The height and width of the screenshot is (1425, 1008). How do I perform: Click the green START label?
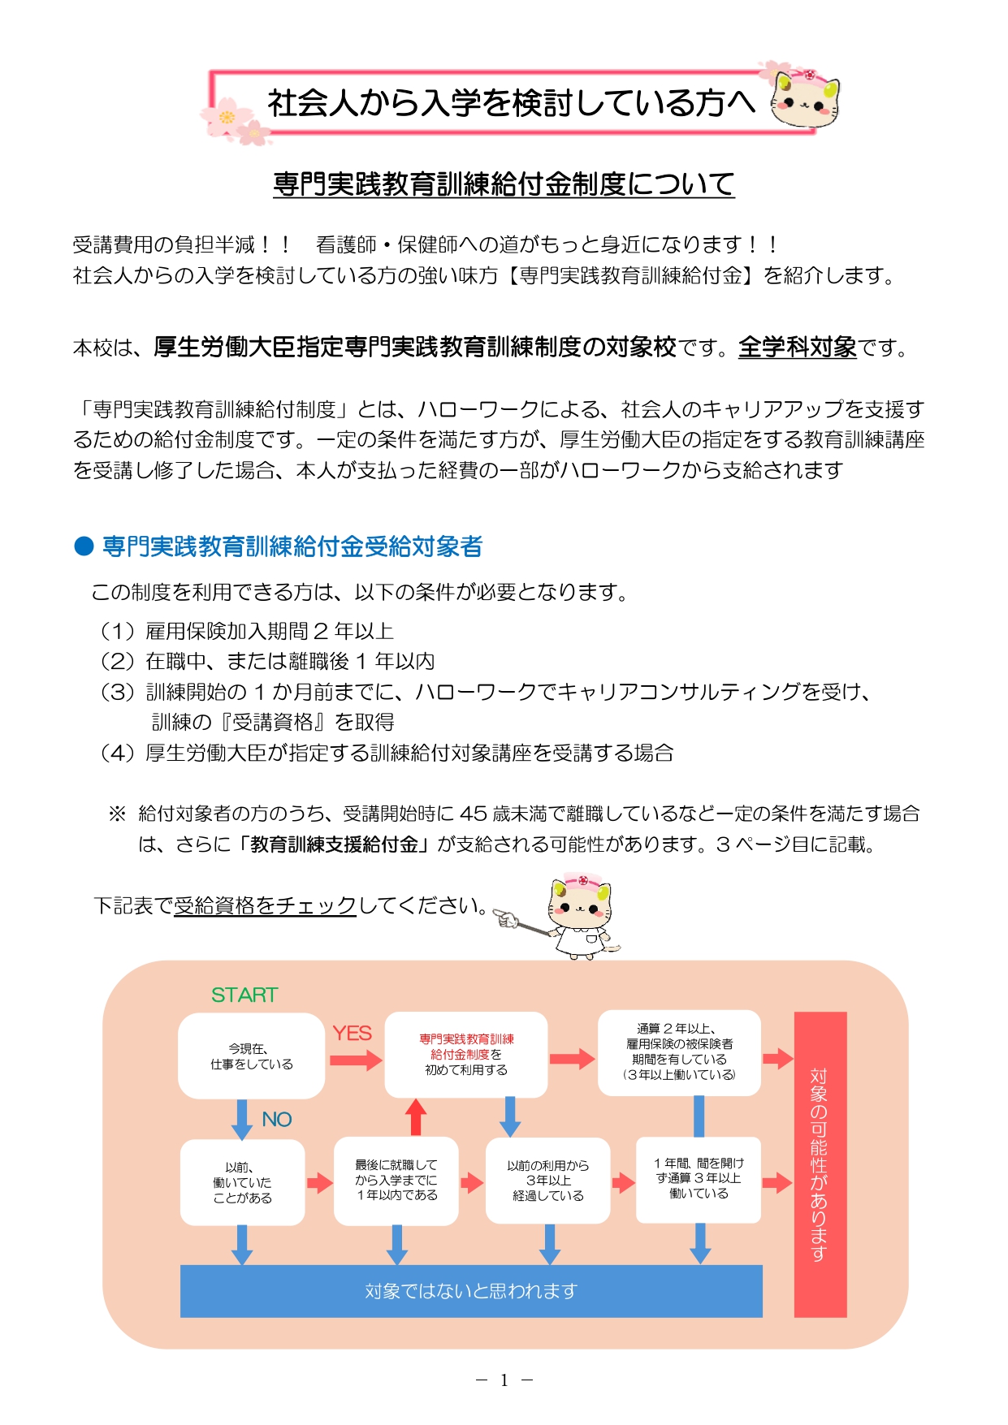click(244, 995)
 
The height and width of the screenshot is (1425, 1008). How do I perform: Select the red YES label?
click(352, 1033)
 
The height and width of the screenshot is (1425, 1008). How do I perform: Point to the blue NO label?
click(276, 1119)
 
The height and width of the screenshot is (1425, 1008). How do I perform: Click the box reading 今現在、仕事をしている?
click(251, 1056)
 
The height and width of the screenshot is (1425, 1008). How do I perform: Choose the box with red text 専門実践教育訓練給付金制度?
click(466, 1054)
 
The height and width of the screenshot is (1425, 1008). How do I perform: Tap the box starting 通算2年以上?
click(679, 1052)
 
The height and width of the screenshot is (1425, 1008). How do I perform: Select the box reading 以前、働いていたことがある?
click(242, 1182)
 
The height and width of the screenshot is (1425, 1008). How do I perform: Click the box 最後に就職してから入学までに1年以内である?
click(396, 1181)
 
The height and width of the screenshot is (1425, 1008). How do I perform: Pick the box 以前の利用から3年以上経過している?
click(547, 1181)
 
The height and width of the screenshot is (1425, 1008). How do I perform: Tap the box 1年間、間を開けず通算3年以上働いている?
click(699, 1179)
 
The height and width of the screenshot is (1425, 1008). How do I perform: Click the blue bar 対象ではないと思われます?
click(471, 1290)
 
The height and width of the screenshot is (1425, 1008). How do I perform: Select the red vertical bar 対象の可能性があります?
click(820, 1164)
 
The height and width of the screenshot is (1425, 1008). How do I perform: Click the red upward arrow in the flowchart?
click(416, 1117)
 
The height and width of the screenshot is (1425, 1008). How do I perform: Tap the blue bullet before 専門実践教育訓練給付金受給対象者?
click(84, 546)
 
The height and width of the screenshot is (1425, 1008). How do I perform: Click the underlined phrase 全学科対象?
click(797, 348)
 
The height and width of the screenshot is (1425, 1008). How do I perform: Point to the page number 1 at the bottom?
click(504, 1380)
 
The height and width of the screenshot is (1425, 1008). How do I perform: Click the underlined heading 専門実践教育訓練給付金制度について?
click(504, 184)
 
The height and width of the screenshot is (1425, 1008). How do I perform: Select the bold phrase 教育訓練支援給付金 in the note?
click(334, 844)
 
